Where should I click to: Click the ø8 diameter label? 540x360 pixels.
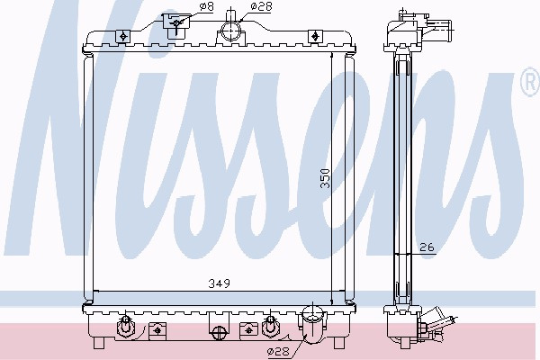(x=207, y=6)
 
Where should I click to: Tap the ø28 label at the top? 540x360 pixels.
(x=261, y=6)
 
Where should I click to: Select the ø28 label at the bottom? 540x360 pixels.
(x=278, y=351)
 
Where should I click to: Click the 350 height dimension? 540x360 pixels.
(x=325, y=178)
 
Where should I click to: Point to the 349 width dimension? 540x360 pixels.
(x=219, y=283)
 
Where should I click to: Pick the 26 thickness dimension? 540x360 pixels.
(x=427, y=247)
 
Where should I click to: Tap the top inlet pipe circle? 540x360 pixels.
(x=230, y=31)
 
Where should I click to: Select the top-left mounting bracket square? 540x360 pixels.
(x=122, y=36)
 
